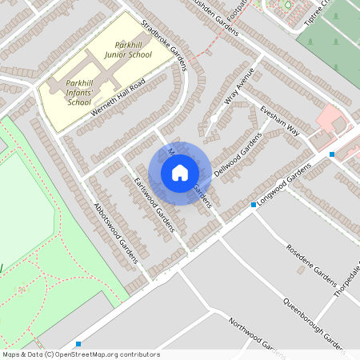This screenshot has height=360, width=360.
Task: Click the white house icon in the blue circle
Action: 180,173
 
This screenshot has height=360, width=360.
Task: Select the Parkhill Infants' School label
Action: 79,92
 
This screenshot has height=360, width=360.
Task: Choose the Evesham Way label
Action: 278,121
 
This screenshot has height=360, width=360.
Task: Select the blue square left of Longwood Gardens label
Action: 254,205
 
